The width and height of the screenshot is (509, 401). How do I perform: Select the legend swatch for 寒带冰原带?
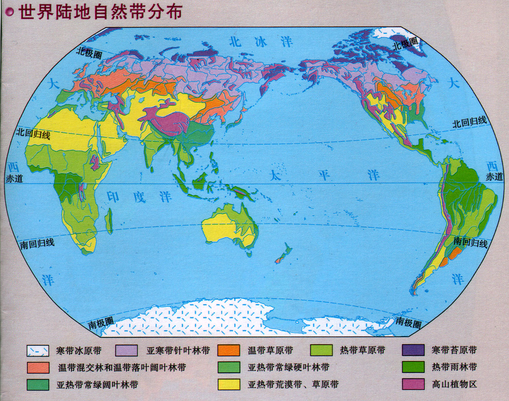point(38,351)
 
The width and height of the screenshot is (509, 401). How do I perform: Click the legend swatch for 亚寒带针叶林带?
point(126,351)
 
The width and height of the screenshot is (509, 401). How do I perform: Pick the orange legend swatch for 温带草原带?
point(229,351)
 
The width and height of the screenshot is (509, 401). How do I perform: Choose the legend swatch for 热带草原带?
point(321,351)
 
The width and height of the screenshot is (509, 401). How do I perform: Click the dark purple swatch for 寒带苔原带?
point(413,350)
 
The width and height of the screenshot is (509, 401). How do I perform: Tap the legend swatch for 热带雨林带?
point(413,367)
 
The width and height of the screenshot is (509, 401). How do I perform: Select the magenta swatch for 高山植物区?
point(413,384)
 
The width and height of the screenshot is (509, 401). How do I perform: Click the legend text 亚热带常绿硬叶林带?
point(289,368)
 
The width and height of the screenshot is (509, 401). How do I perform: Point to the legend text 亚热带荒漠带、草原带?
point(293,384)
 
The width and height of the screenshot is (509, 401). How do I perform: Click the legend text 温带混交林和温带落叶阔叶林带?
point(122,368)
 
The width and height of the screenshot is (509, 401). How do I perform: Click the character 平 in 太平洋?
point(324,175)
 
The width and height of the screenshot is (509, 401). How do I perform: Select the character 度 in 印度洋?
point(140,197)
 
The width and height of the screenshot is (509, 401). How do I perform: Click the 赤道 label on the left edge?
point(14,178)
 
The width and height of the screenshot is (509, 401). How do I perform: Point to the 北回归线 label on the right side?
point(469,122)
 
